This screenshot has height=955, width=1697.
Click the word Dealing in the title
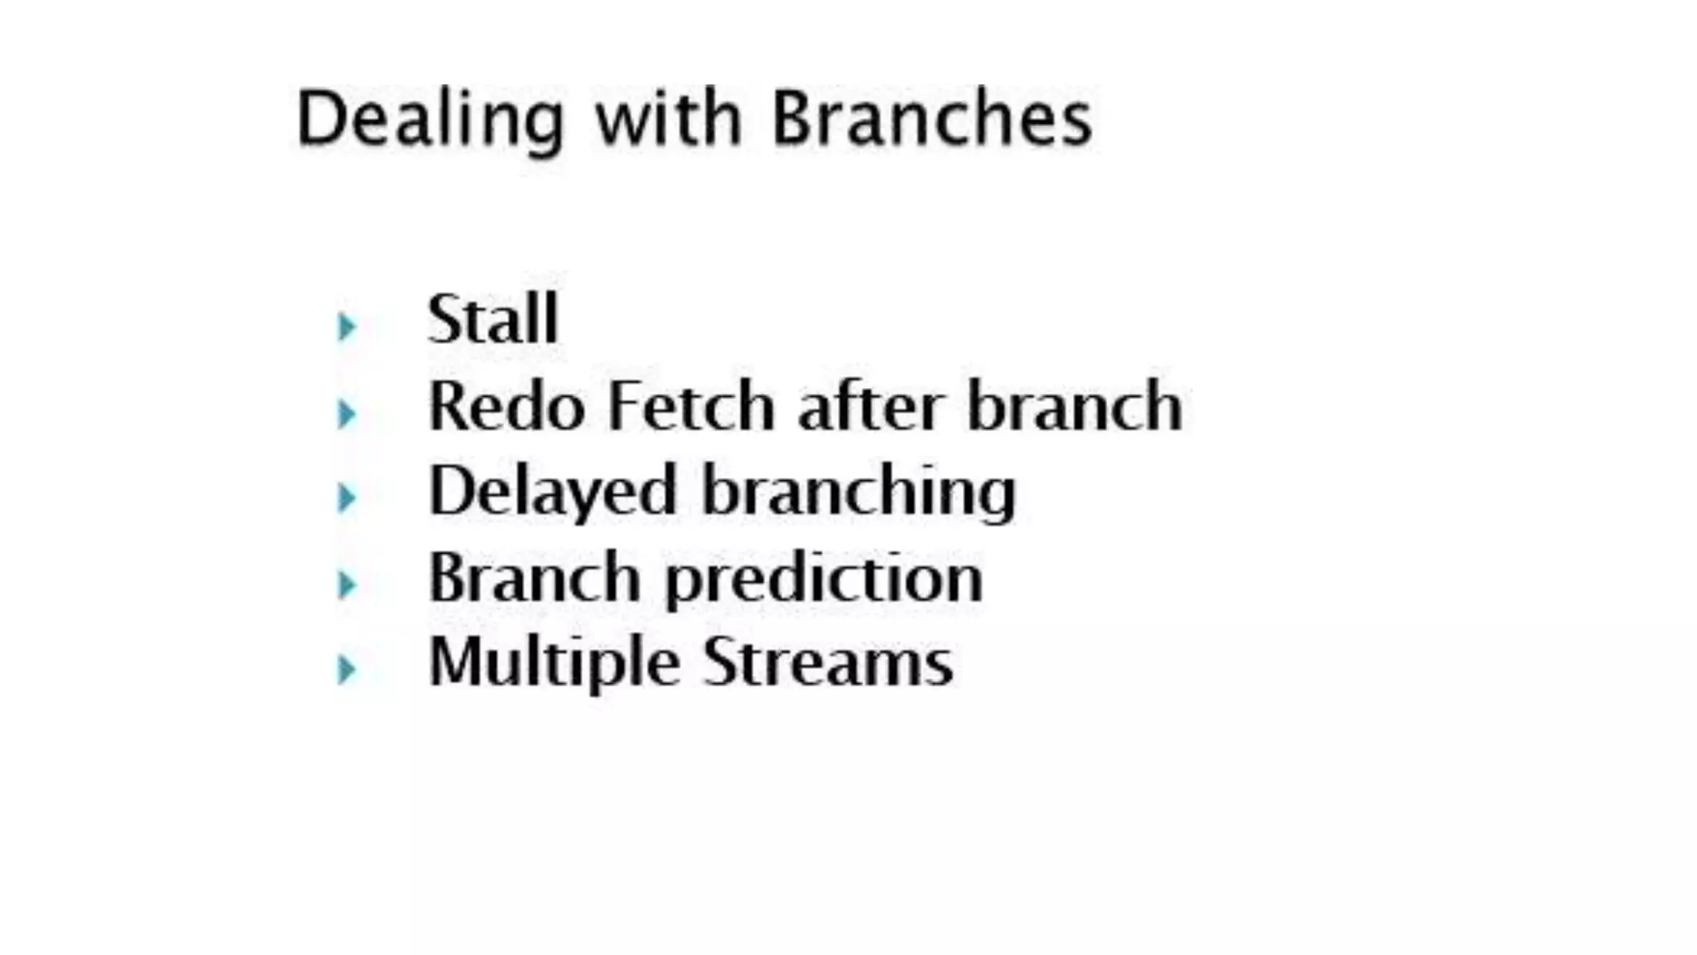(x=430, y=119)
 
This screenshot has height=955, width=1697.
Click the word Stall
(x=493, y=319)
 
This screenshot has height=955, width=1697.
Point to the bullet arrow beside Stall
(x=346, y=326)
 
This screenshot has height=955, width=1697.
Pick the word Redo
(x=507, y=406)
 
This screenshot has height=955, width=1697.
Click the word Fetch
(x=691, y=406)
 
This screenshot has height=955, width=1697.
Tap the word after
(x=870, y=406)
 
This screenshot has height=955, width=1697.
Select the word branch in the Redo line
(x=1075, y=406)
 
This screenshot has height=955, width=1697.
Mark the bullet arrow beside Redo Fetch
(x=346, y=413)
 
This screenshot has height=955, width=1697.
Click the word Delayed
(x=553, y=492)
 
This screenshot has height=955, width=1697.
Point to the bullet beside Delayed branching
(x=346, y=497)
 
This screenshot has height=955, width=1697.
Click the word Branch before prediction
(x=534, y=578)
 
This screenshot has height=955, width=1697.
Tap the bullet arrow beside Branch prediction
(x=346, y=584)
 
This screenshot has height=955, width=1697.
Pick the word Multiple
(x=554, y=663)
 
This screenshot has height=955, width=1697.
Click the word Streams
(x=828, y=662)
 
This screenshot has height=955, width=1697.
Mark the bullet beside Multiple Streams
(x=346, y=669)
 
